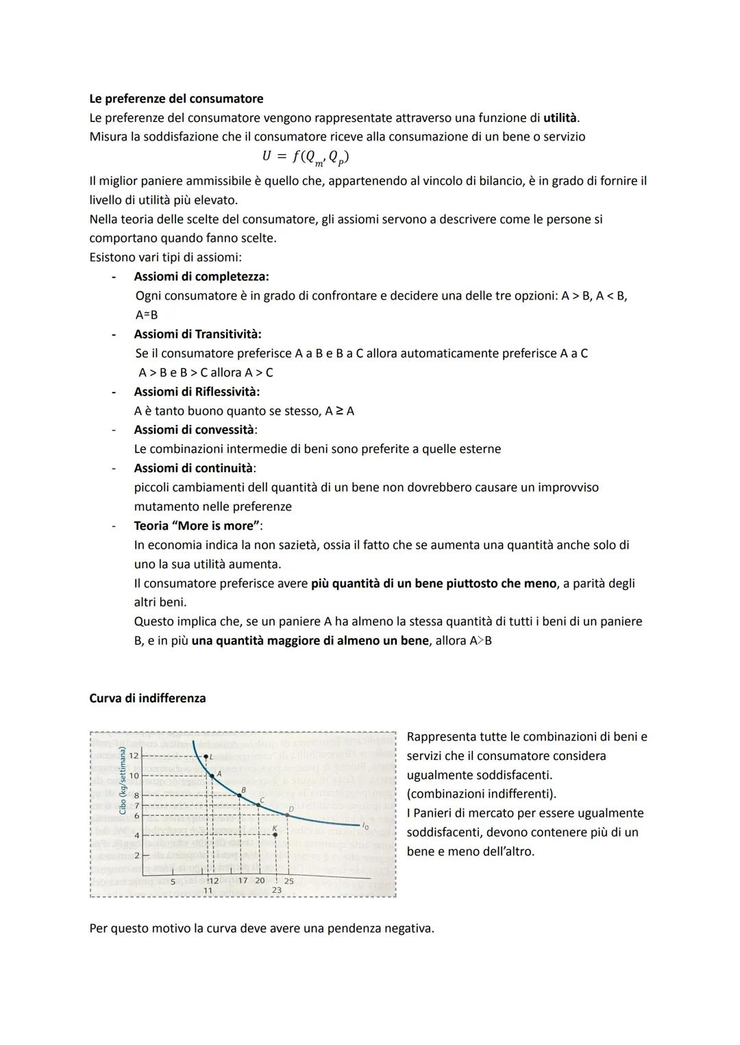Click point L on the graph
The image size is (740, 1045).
click(206, 757)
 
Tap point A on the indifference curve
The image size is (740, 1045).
click(212, 776)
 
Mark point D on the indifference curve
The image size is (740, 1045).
click(288, 815)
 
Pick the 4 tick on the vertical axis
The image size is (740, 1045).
click(136, 835)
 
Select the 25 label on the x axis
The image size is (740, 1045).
click(288, 881)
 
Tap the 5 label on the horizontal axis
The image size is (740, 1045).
click(173, 881)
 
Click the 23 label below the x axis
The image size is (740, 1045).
click(276, 890)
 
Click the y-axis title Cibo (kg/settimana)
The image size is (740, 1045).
click(122, 780)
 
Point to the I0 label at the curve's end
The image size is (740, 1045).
click(365, 826)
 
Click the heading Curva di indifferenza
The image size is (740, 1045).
click(147, 698)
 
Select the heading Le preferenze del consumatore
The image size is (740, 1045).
click(176, 99)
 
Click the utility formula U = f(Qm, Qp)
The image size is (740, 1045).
click(305, 157)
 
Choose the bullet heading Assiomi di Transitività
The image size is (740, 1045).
click(197, 334)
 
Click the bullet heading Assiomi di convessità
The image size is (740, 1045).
click(195, 430)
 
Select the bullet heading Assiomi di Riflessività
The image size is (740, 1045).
click(197, 392)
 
